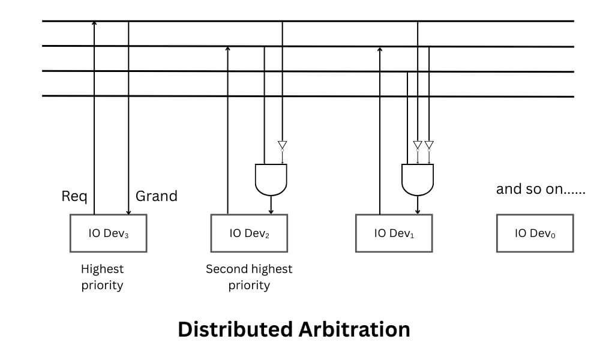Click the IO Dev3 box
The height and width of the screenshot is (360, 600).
coord(108,233)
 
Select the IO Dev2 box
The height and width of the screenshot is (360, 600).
coord(249,233)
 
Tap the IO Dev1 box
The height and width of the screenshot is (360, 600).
coord(394,233)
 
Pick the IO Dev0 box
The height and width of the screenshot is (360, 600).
coord(535,233)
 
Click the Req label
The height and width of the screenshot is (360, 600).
coord(74,196)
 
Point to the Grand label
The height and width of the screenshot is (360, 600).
coord(156,196)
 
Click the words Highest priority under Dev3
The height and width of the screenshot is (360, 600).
coord(102,277)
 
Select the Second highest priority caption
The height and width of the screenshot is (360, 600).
coord(249,277)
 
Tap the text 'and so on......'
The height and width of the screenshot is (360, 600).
coord(540,190)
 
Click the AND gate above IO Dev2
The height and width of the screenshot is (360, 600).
coord(271,179)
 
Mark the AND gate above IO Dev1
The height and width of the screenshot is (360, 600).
coord(418,179)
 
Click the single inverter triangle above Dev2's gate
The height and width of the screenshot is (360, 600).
coord(283,145)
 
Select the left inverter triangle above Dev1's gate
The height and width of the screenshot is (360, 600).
coord(418,145)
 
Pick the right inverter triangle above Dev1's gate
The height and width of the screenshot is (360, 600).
coord(429,145)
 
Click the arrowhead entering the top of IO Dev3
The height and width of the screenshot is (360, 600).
coord(128,212)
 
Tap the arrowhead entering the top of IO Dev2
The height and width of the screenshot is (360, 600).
coord(271,211)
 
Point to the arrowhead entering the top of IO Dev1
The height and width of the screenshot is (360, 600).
coord(418,211)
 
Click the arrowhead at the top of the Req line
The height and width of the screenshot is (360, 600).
coord(94,23)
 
